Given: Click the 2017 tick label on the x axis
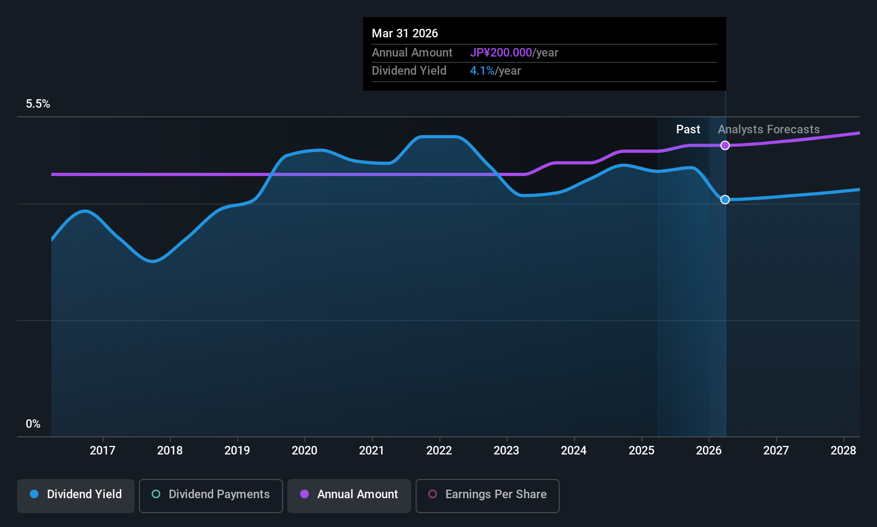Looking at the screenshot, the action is point(103,450).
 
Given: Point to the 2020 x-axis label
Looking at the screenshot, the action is point(304,450).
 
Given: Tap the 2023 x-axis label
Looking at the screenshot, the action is point(507,450).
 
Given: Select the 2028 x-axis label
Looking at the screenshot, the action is point(843,450).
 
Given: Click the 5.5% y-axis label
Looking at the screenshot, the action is point(38,104).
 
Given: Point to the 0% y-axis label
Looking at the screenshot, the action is point(33,424).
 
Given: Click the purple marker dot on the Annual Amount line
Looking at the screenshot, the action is point(725,146).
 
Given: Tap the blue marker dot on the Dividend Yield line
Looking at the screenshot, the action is point(725,200).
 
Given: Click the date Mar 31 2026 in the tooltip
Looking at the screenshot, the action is point(405,34).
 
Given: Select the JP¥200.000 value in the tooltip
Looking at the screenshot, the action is point(501,52).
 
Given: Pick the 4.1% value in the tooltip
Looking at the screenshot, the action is point(482,71).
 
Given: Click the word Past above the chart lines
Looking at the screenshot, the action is point(688,130).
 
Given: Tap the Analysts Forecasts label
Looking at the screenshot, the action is point(769,130).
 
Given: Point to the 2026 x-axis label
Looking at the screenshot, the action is point(709,450).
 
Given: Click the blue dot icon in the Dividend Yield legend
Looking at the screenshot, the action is point(35,494).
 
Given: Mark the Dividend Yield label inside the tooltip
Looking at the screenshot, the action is point(409,71).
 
